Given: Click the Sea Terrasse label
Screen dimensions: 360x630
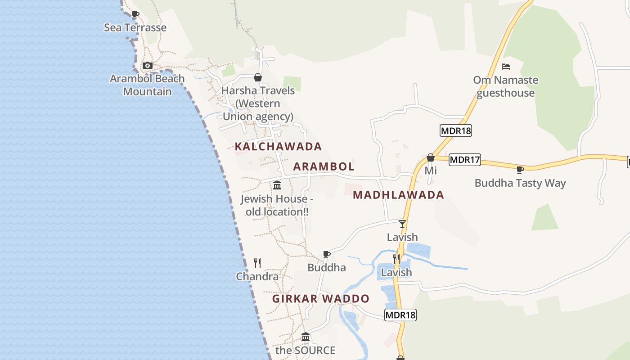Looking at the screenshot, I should pos(135,28).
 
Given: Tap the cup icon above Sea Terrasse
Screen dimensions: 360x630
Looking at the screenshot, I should pos(135,14).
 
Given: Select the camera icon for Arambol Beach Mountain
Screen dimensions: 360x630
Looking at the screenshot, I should pos(147,65).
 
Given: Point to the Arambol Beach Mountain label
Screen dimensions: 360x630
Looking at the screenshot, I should pos(147,85).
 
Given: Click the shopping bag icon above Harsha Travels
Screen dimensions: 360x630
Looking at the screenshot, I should pos(258,77).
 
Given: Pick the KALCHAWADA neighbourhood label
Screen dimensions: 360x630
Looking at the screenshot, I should pos(278,147).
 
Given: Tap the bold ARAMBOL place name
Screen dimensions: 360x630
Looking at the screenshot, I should pos(324,166).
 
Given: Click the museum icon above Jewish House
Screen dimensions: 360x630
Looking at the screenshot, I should pos(277,185).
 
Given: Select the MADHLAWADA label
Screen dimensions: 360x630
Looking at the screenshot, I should pos(398,195).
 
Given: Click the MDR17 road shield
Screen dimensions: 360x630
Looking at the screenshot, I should pos(465,159).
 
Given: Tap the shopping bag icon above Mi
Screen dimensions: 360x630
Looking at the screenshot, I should pos(430,157).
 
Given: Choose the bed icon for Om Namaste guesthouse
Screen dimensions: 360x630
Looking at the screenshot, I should pos(506,67).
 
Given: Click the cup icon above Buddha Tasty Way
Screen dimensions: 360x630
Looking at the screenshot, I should pos(520,170).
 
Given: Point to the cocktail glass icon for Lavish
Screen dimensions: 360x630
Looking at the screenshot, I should pos(402,224).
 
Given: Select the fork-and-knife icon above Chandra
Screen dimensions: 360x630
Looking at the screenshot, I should pos(257,263).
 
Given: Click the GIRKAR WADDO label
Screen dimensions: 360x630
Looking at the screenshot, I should pos(321,299).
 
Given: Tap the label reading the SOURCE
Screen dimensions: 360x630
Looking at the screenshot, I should pos(305,351).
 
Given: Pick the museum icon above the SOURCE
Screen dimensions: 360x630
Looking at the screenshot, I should pos(306,337).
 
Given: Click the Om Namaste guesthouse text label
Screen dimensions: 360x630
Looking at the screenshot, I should pos(505,87).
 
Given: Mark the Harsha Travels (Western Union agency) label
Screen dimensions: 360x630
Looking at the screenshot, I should pos(258,103).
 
